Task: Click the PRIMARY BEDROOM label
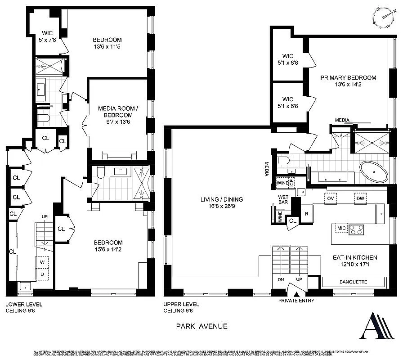point(348,78)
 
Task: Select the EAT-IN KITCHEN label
point(355,257)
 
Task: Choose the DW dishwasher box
point(360,198)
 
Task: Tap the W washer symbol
point(41,262)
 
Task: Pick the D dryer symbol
point(41,274)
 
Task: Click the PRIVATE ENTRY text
point(296,301)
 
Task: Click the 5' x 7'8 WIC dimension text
point(48,39)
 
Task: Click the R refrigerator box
point(307,213)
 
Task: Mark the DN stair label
point(281,279)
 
